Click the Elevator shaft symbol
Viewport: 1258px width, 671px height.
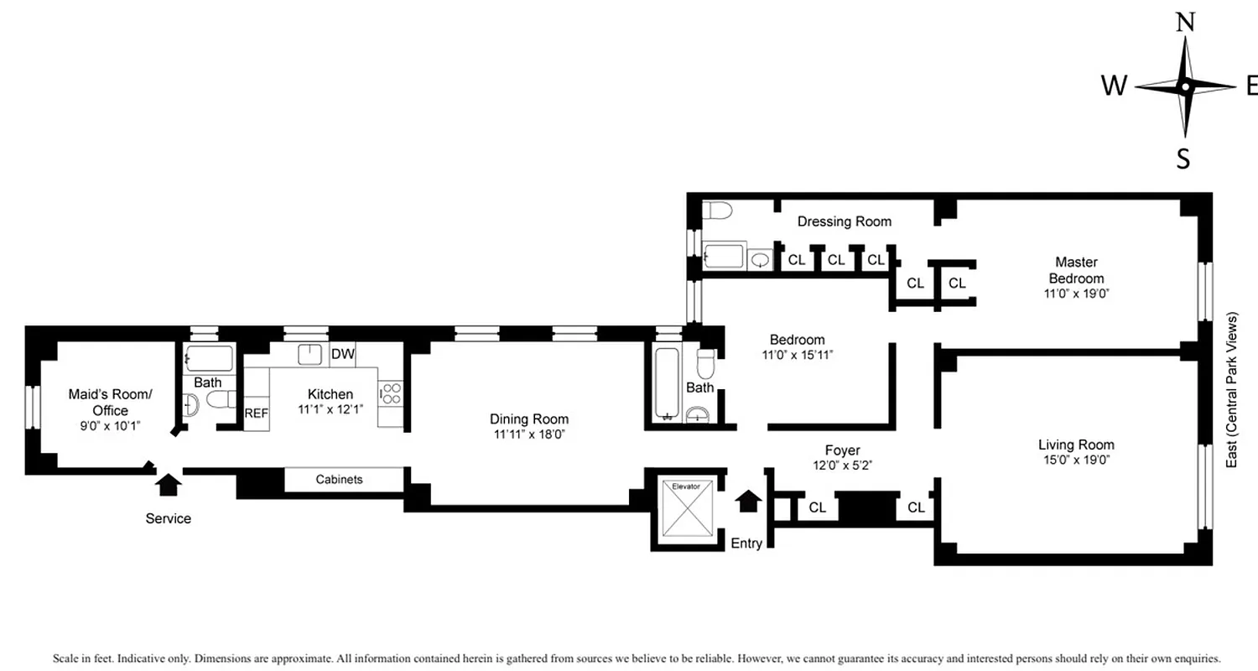click(687, 510)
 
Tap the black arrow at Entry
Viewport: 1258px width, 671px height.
click(748, 501)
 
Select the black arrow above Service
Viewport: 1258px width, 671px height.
click(169, 484)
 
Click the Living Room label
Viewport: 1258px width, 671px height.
click(1076, 445)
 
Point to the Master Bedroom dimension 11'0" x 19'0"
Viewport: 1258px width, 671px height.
click(1076, 294)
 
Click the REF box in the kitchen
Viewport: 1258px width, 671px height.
click(256, 413)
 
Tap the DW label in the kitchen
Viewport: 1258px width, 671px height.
click(342, 354)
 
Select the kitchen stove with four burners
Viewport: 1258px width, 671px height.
click(391, 393)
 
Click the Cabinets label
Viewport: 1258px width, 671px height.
click(339, 480)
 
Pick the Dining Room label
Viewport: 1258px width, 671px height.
click(530, 419)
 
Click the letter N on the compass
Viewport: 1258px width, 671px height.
click(1185, 23)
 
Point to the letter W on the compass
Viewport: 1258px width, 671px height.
click(1114, 86)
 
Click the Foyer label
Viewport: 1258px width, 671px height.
click(842, 450)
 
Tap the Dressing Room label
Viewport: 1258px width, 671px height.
click(844, 221)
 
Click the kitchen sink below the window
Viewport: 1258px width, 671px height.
click(310, 354)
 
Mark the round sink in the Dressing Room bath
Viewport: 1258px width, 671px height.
click(760, 260)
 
